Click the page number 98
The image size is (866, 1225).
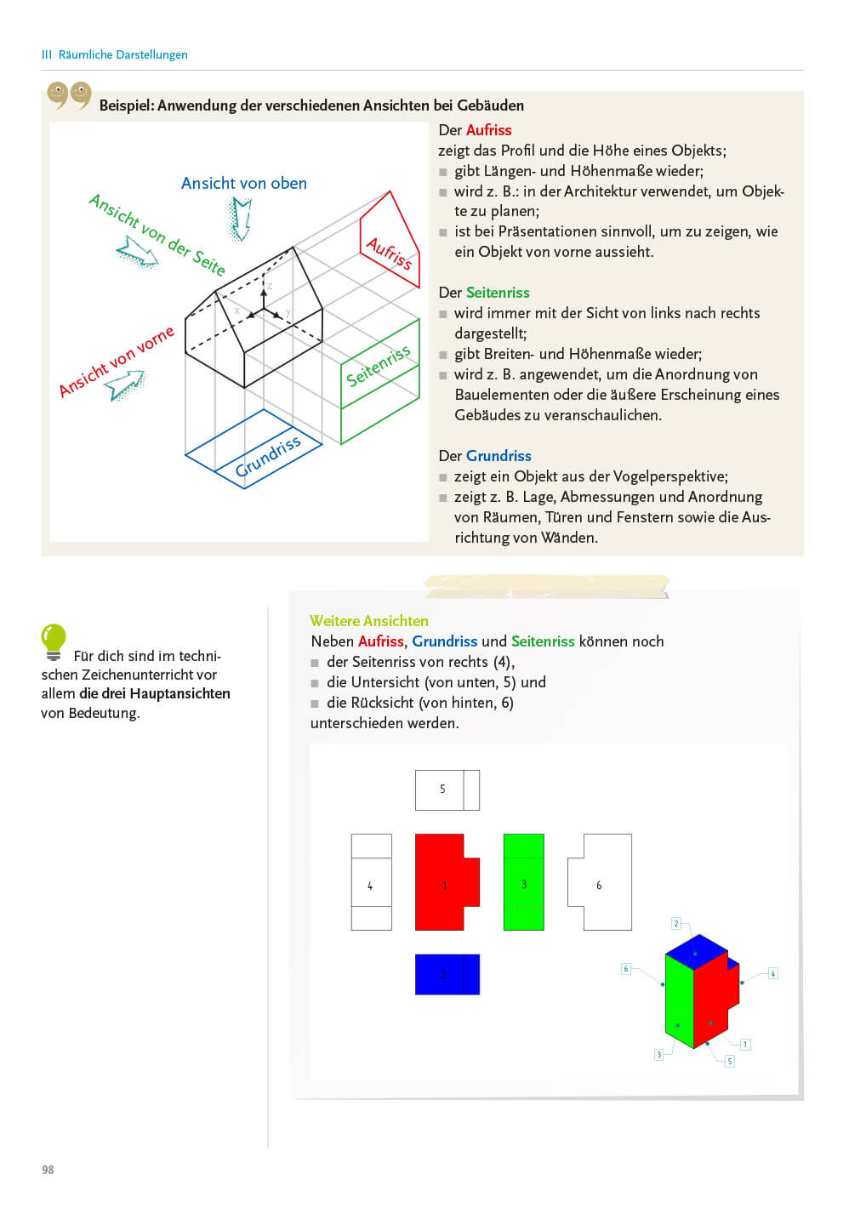[48, 1170]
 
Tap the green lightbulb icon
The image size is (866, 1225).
[53, 641]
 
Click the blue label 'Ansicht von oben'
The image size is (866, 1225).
[243, 183]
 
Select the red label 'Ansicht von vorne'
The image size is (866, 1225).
[116, 360]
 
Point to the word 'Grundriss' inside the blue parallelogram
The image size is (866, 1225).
[267, 456]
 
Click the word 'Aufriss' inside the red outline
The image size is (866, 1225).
[389, 253]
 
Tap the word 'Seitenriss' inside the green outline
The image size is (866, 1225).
[378, 365]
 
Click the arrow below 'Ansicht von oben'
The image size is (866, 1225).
[241, 219]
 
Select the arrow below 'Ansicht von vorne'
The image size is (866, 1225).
[124, 385]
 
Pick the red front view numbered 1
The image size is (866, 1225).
[445, 882]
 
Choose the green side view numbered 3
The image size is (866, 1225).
[523, 882]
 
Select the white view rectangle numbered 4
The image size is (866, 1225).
[371, 882]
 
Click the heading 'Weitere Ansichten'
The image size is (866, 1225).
[368, 621]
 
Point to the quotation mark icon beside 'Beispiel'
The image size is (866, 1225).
[69, 95]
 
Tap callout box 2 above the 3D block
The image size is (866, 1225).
[676, 923]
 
